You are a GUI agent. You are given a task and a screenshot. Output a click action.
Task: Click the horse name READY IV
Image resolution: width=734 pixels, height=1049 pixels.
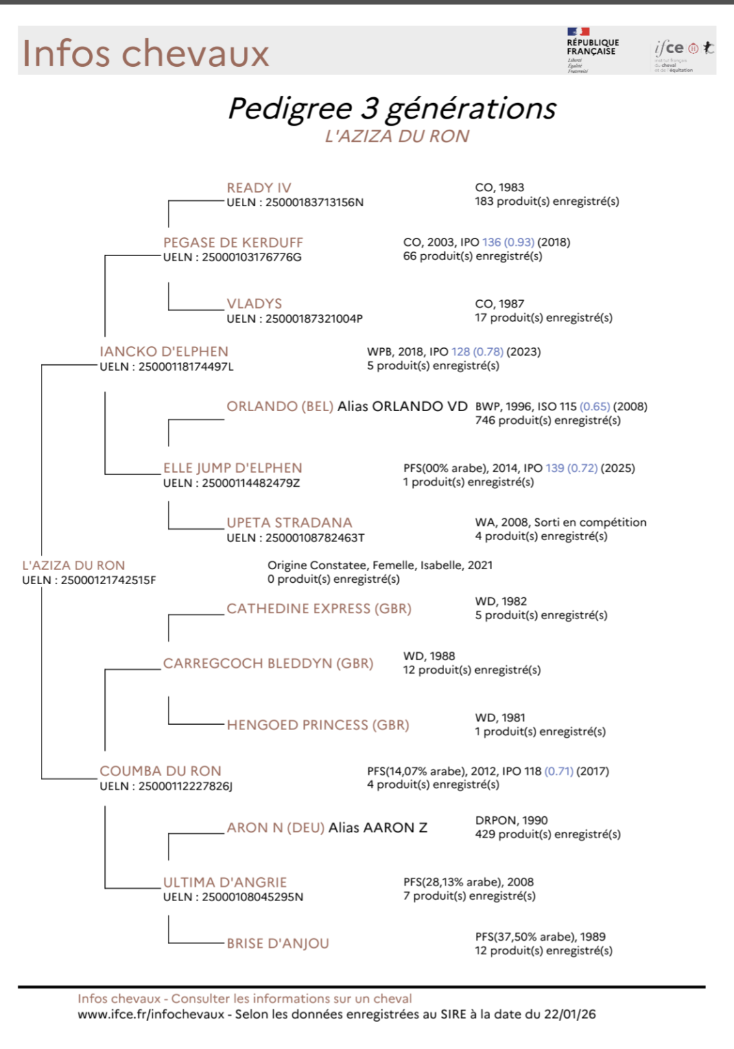pos(259,188)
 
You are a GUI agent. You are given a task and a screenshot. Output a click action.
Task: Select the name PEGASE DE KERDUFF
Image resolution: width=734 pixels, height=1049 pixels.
pos(233,242)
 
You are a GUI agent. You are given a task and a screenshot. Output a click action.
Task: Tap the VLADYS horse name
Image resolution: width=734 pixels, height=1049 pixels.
pos(254,304)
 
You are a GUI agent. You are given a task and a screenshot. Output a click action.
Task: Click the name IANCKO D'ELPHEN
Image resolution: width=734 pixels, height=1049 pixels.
pos(164,351)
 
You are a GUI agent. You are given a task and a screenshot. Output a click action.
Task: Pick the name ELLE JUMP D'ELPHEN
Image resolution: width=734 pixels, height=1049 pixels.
pos(233,468)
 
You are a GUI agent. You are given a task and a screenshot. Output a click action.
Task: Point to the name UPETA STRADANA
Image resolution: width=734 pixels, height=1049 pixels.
pos(289,523)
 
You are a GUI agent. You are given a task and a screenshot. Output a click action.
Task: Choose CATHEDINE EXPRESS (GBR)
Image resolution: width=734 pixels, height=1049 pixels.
pos(319,609)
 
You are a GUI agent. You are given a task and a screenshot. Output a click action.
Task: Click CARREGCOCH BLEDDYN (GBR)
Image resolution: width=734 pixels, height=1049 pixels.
pos(268,664)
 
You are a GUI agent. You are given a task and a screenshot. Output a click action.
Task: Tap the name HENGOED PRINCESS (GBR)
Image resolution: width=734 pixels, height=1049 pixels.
pos(318,725)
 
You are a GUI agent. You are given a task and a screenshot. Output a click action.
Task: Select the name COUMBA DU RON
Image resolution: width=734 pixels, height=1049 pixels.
pos(160,771)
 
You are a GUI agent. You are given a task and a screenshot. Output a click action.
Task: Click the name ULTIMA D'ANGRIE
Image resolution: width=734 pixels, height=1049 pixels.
pos(225,882)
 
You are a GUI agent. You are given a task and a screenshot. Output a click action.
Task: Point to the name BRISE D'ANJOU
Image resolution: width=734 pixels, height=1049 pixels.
pos(278,944)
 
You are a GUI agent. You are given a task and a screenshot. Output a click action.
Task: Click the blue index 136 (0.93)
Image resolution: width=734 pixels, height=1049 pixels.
pos(508,242)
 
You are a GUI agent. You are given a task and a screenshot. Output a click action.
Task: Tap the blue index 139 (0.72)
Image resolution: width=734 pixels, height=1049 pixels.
pos(571,468)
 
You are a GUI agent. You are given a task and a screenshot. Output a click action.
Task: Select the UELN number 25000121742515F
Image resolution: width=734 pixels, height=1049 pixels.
pos(108,580)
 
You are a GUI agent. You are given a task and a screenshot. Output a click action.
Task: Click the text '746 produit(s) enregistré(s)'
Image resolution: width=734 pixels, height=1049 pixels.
pos(548,420)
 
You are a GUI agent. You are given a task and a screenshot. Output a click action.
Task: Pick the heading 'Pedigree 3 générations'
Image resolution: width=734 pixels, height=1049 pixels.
pos(392,108)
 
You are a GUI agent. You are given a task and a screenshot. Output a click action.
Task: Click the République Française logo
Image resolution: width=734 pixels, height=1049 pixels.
pos(593,49)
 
